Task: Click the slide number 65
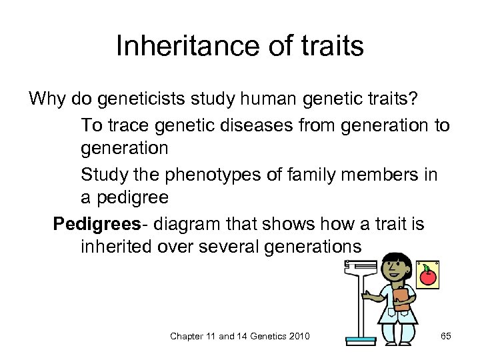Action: (x=445, y=336)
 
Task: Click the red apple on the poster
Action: (x=427, y=275)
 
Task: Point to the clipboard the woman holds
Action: (x=401, y=298)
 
